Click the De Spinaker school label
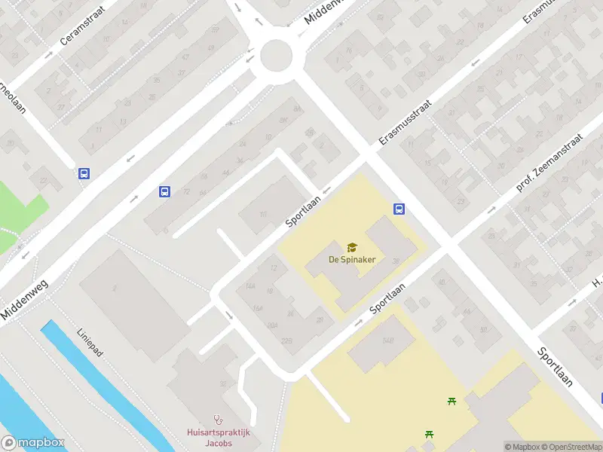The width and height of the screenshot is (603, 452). pyautogui.click(x=351, y=259)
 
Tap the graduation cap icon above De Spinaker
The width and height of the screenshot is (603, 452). pyautogui.click(x=351, y=247)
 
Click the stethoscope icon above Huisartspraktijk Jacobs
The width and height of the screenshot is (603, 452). pyautogui.click(x=219, y=420)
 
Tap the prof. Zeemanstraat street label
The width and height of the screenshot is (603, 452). pyautogui.click(x=551, y=162)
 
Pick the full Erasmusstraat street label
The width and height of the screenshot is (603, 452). pyautogui.click(x=404, y=123)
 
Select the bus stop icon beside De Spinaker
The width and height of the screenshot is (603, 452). pyautogui.click(x=399, y=209)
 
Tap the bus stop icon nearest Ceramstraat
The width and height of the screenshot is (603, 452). pyautogui.click(x=84, y=173)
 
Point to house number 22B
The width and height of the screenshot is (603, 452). pyautogui.click(x=286, y=340)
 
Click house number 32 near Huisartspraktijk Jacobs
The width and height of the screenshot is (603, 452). pyautogui.click(x=222, y=383)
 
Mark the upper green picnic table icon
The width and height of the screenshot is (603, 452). pyautogui.click(x=451, y=401)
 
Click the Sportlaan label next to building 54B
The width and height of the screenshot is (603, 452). pyautogui.click(x=388, y=300)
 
